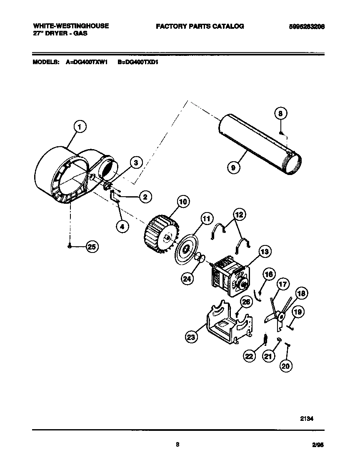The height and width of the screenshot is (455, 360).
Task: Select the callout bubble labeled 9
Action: click(234, 168)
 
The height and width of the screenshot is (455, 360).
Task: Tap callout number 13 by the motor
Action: click(265, 252)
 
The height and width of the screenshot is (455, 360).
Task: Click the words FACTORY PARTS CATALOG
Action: click(200, 26)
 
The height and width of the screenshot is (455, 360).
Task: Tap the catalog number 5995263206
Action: click(307, 26)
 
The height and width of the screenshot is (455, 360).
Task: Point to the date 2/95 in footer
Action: click(317, 445)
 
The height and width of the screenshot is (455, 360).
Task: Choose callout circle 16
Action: click(269, 275)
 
